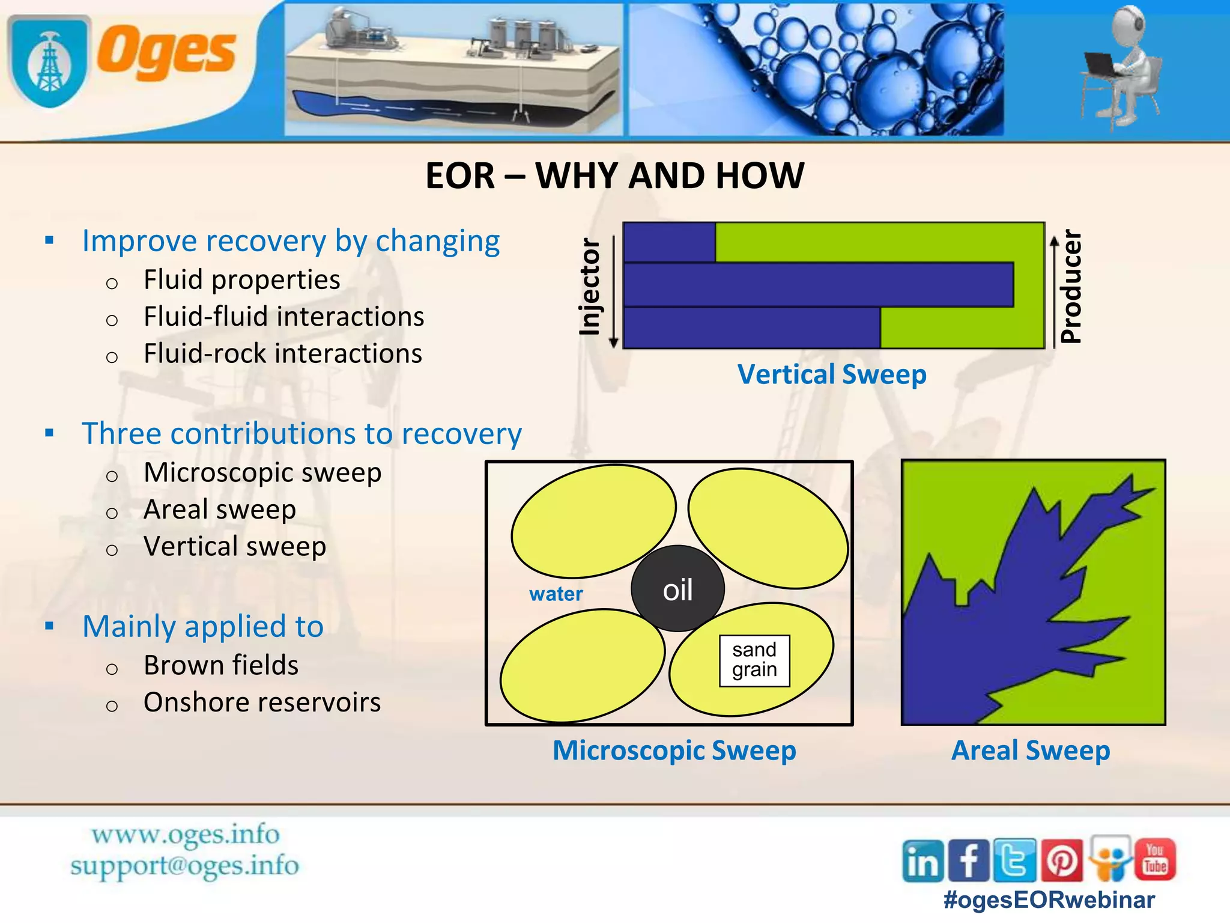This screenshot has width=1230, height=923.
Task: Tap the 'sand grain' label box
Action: point(754,660)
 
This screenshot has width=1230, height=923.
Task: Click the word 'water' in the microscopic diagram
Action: point(556,594)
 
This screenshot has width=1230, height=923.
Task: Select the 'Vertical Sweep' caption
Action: point(832,374)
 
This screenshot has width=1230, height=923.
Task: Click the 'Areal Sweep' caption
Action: point(1031,750)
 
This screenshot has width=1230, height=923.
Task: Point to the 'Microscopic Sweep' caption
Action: point(674,750)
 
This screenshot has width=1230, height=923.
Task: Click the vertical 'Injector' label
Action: point(590,287)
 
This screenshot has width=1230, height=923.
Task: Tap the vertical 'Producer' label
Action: point(1071,287)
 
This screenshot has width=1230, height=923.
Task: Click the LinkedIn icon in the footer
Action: point(922,861)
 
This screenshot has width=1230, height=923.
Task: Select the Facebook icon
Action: point(968,861)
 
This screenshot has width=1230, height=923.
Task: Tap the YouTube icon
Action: point(1155,859)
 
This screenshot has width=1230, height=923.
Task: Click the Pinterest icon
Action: point(1062,861)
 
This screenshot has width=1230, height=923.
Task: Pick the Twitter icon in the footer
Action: point(1014,860)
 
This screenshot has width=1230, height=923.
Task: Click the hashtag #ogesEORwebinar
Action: point(1049,900)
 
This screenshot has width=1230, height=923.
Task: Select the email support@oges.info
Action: point(184,866)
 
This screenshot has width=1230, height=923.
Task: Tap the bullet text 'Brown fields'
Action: point(220,665)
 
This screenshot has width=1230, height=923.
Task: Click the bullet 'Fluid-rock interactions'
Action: point(282,353)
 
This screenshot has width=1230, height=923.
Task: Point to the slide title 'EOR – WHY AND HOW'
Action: point(614,176)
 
